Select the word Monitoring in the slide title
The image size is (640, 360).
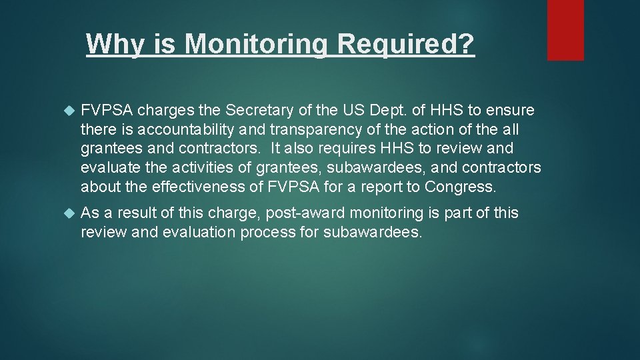(255, 44)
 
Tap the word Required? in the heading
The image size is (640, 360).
(406, 44)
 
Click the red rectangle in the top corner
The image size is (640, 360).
(565, 30)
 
